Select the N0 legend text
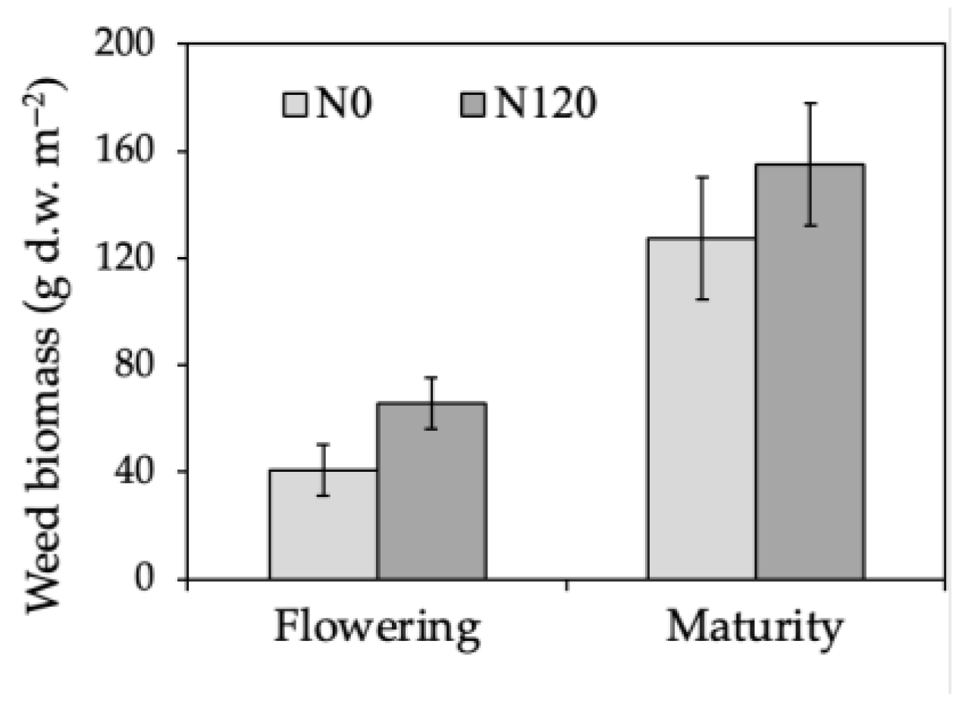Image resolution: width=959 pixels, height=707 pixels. [x=343, y=105]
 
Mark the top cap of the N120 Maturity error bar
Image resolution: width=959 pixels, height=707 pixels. [x=810, y=102]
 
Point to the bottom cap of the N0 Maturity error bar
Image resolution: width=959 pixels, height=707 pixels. [x=701, y=300]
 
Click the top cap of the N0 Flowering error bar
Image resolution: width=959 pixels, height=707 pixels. [x=323, y=444]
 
